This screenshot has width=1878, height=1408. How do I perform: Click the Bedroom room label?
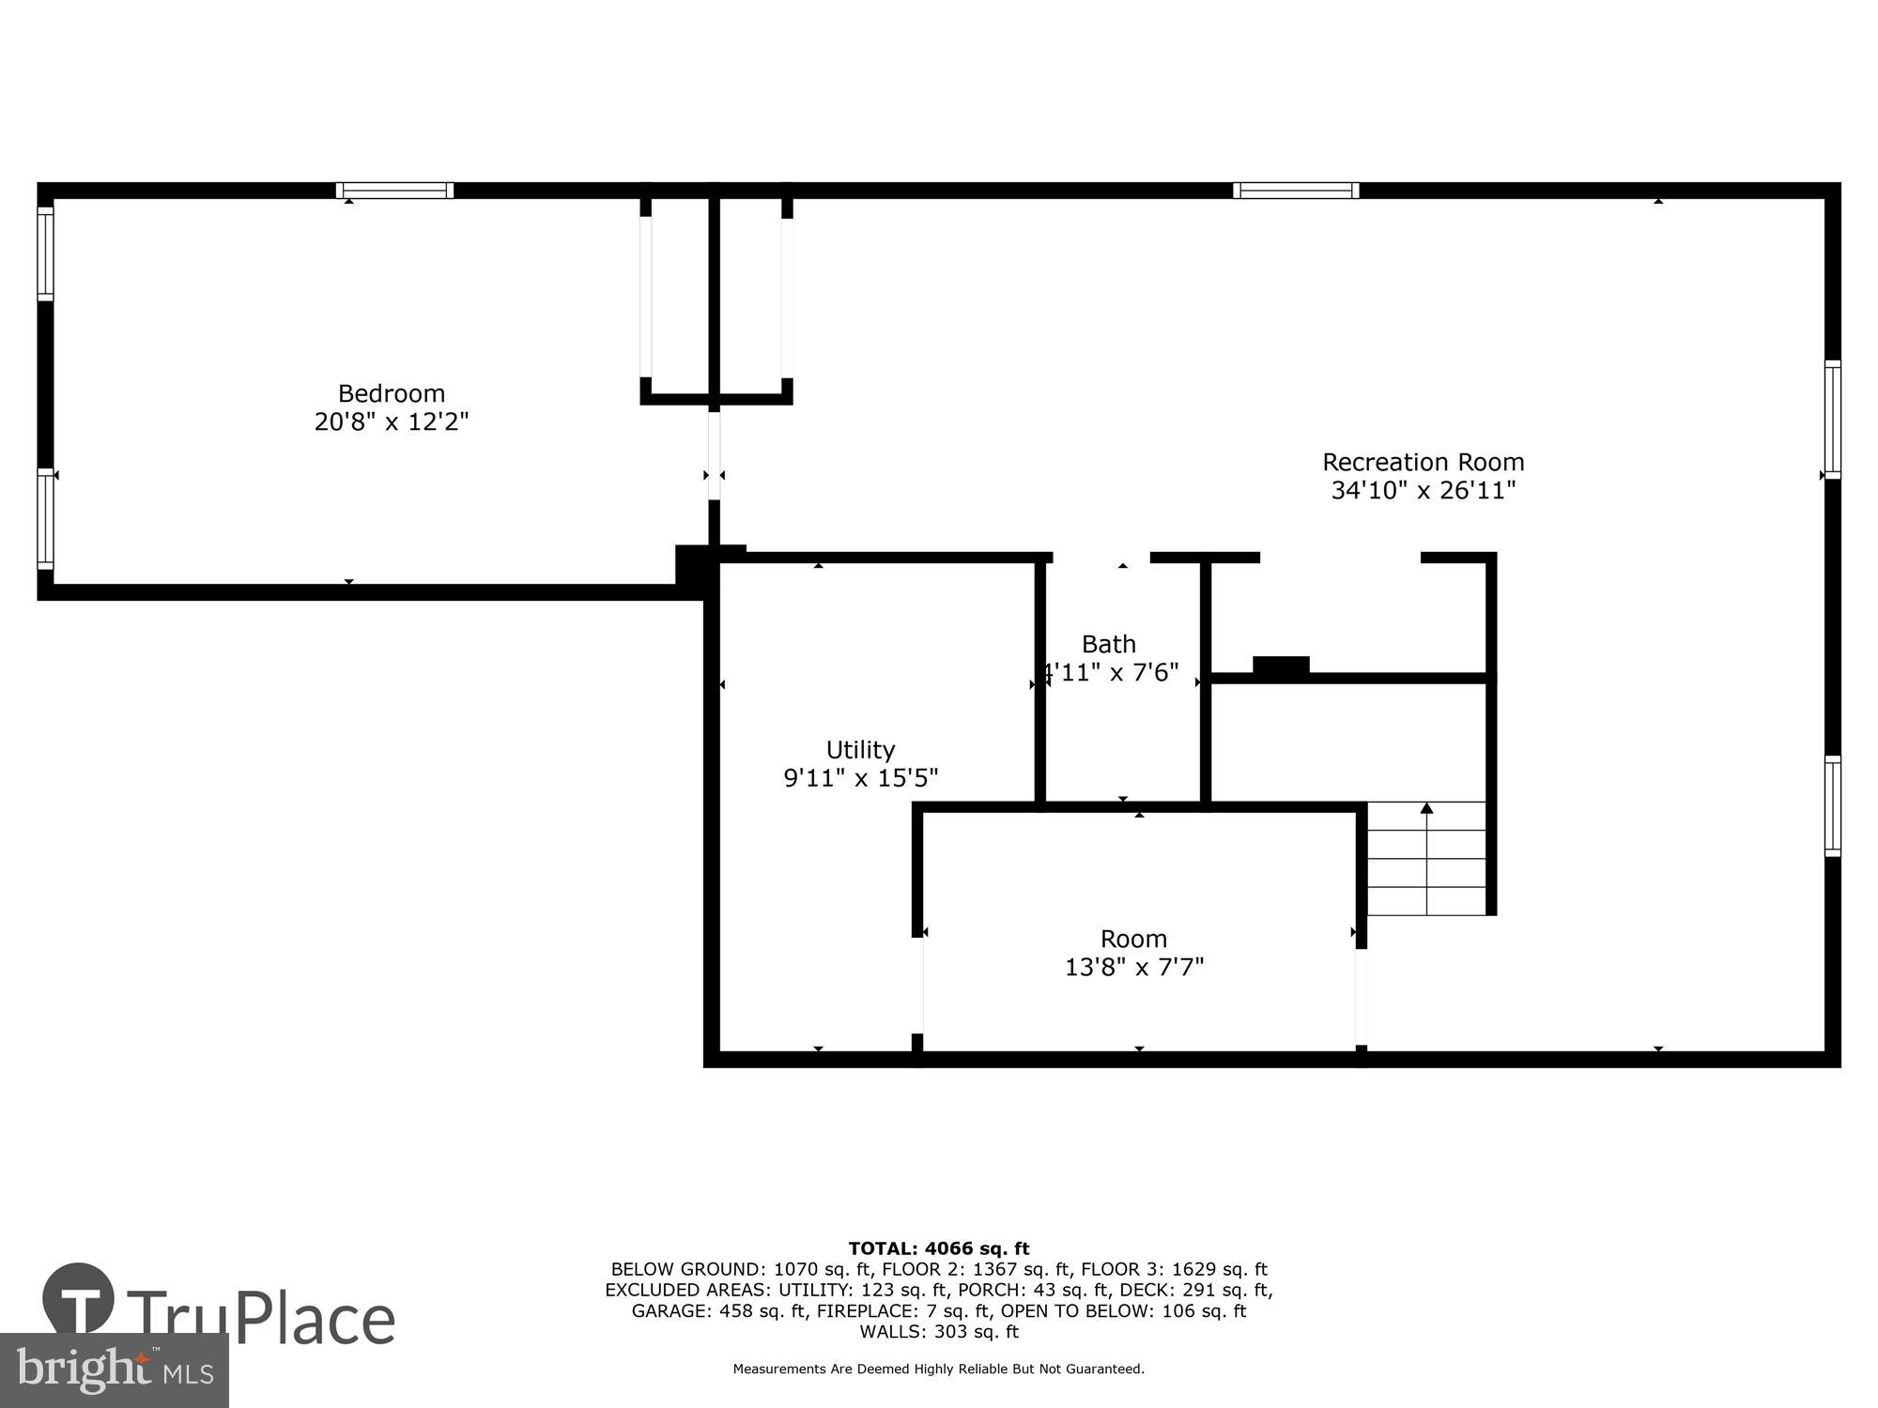[391, 393]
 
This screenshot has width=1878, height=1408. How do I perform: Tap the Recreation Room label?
[1423, 462]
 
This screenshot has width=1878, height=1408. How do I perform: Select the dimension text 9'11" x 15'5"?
[860, 778]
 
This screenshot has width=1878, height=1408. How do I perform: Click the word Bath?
[1108, 644]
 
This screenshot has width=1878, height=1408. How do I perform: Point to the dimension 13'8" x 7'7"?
[1133, 967]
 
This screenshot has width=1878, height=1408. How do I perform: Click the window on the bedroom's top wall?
[394, 191]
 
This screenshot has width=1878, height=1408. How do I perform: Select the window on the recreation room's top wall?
[1295, 191]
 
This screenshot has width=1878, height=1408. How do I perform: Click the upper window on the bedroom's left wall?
[45, 253]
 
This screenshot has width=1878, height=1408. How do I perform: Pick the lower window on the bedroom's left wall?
[45, 518]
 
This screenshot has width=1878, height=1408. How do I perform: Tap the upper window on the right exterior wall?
[1832, 419]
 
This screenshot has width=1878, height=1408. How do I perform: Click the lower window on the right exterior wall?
[1832, 805]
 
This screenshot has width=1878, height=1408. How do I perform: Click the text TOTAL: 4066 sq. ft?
[938, 1248]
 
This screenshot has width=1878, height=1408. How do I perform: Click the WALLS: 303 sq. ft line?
[938, 1331]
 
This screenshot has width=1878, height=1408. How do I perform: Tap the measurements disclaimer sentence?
[938, 1370]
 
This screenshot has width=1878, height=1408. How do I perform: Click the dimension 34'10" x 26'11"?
[1423, 490]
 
